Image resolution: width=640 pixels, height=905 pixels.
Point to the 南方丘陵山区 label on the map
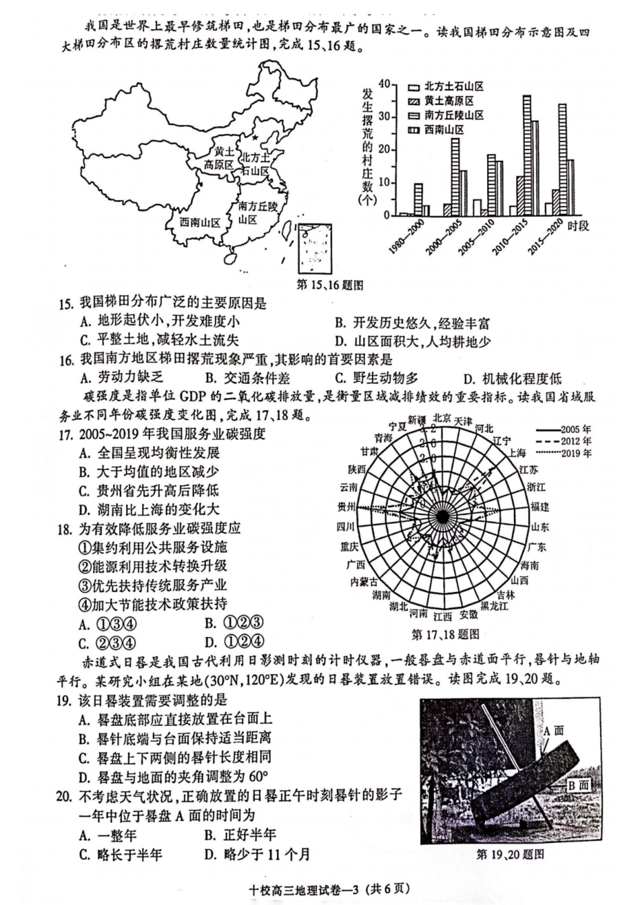[x=257, y=213]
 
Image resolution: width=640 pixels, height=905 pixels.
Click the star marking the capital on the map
[x=254, y=137]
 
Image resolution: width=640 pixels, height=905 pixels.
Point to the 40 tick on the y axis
[x=385, y=84]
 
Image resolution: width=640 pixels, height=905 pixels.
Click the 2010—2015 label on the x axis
[x=509, y=236]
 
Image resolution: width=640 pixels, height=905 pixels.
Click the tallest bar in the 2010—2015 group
[x=527, y=155]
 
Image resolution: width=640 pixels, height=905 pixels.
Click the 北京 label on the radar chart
[x=441, y=417]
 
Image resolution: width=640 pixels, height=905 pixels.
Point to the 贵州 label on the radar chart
[x=347, y=507]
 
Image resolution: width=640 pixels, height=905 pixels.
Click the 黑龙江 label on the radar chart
[x=494, y=606]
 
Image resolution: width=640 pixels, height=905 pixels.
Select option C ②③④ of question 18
[x=108, y=642]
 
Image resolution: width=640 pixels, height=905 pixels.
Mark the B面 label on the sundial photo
[x=578, y=784]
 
